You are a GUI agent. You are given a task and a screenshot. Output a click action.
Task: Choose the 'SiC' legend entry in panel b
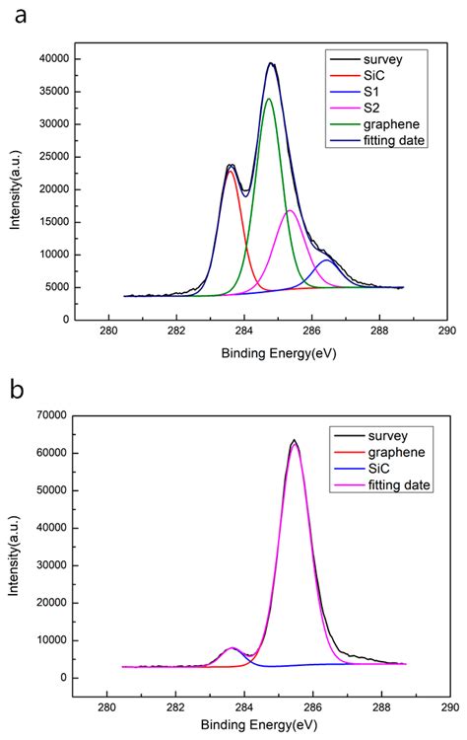[x=374, y=470]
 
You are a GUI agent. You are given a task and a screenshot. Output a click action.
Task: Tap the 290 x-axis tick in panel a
[x=446, y=333]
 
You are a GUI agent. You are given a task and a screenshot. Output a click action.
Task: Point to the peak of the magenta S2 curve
[x=290, y=211]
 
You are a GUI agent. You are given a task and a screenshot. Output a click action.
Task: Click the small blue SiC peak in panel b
[x=233, y=648]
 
